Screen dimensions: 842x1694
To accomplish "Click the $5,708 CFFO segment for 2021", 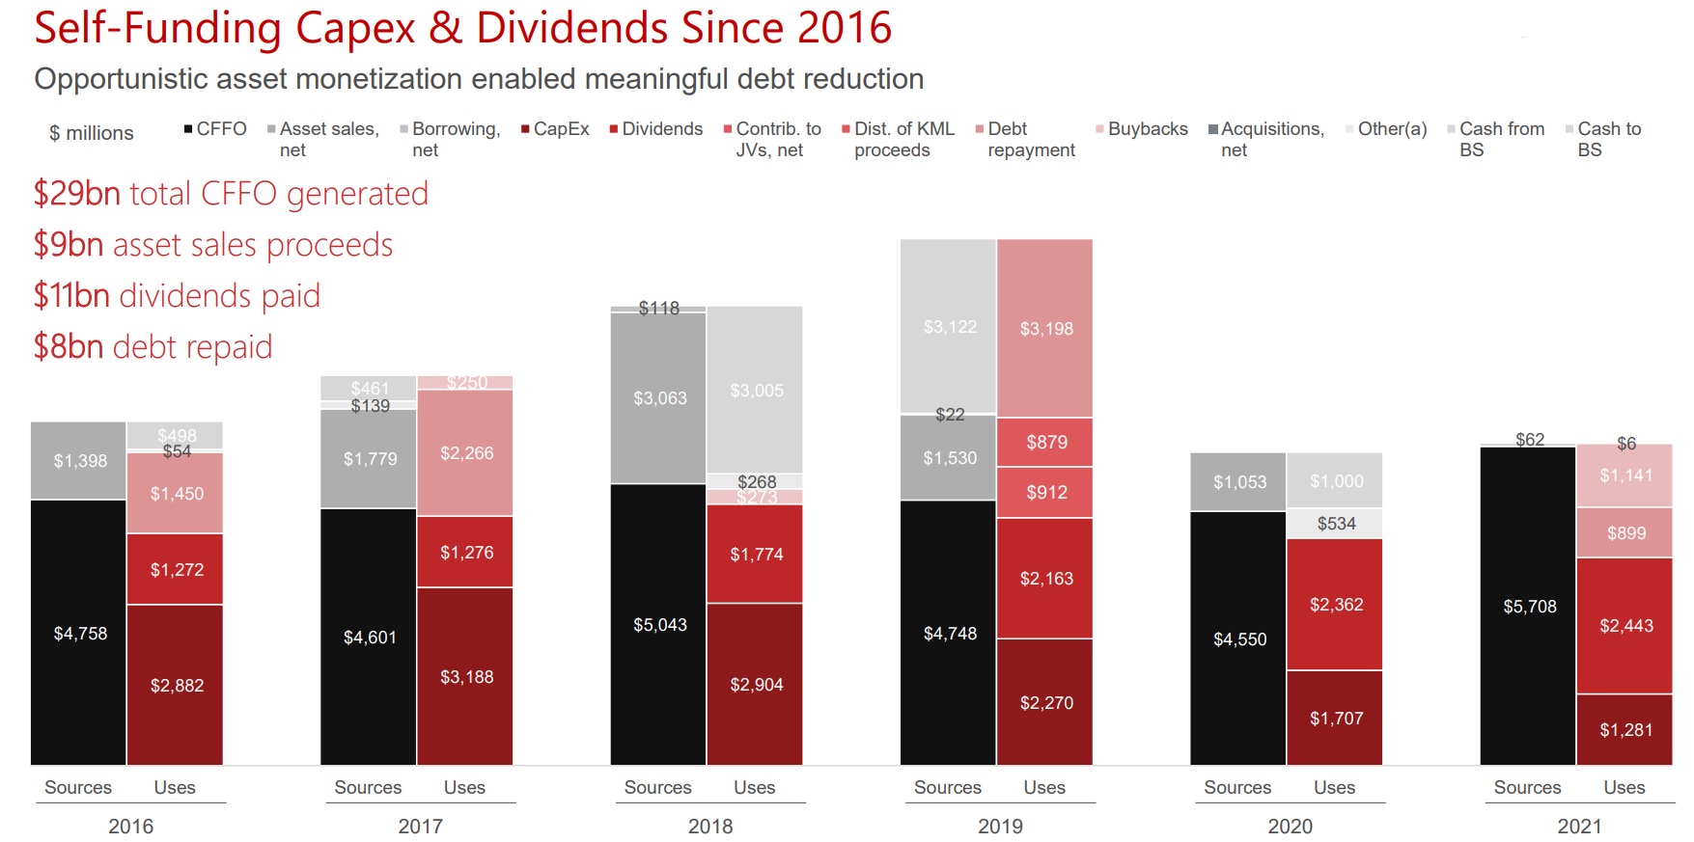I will click(1528, 606).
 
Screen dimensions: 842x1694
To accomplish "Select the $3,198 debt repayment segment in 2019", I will click(1045, 328).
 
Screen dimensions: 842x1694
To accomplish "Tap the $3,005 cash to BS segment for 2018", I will click(756, 390).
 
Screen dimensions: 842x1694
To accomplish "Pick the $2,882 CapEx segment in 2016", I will click(176, 685).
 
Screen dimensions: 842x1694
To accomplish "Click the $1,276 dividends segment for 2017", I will click(466, 552).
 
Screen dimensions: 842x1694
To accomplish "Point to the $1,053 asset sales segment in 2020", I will click(1238, 481).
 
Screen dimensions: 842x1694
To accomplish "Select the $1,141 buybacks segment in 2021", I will click(1625, 475).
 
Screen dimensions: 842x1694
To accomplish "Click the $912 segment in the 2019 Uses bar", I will click(1045, 492).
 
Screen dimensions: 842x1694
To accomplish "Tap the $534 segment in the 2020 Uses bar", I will click(1336, 523).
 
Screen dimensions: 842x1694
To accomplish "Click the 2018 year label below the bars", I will click(710, 826).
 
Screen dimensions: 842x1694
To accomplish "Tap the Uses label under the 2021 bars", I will click(1625, 787).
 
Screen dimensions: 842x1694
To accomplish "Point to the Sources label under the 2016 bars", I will click(78, 787).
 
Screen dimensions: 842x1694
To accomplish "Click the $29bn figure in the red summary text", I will click(77, 194).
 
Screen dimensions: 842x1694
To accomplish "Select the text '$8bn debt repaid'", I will click(153, 346).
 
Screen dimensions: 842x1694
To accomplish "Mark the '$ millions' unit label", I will click(92, 133).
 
